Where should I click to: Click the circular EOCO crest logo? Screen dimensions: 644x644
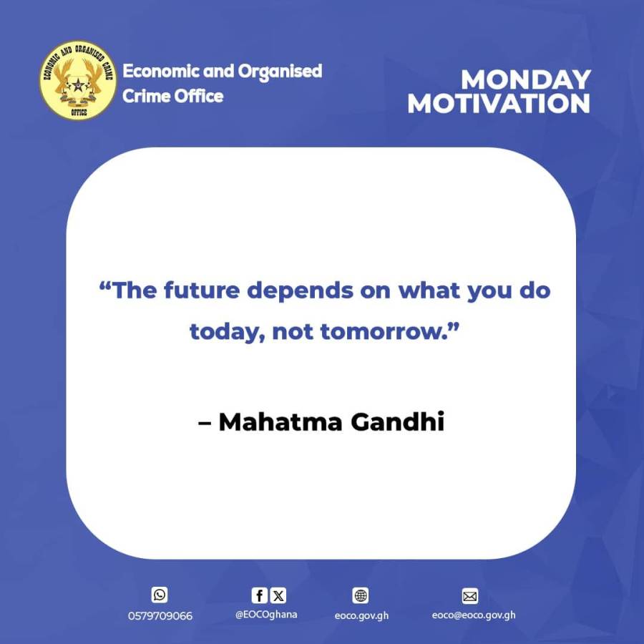pos(78,80)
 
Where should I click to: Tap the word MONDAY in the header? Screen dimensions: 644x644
pos(526,79)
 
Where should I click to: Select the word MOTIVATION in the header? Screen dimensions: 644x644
pos(499,103)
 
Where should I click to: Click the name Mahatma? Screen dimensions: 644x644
pos(279,422)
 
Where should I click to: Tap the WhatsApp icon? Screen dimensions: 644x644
pos(160,595)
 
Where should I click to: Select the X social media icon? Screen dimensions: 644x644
pos(278,595)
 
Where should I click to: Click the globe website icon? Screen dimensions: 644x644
pos(361,595)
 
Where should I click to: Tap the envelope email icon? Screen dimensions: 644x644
pos(470,595)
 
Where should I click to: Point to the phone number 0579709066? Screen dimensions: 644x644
pos(160,616)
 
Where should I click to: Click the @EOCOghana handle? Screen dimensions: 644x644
pos(266,615)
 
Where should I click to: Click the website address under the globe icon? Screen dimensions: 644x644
pos(361,616)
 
